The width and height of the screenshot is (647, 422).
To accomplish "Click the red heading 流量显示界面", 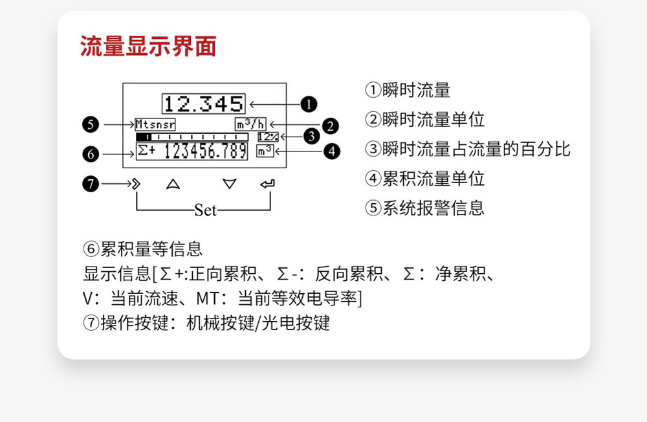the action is tap(148, 46).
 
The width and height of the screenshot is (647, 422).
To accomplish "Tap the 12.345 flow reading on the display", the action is tap(203, 104).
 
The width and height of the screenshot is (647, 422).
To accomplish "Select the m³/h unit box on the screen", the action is tap(250, 124).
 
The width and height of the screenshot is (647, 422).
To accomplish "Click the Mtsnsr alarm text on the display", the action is tap(155, 124).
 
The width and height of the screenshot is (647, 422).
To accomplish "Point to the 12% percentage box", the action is tap(269, 137).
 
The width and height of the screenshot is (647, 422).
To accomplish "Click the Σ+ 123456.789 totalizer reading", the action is tap(192, 151).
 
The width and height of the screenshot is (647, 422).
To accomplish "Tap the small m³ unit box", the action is tap(265, 151).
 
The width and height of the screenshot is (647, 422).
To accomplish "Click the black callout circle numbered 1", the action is tap(309, 104).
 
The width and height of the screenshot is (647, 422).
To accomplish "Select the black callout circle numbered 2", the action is tap(330, 126).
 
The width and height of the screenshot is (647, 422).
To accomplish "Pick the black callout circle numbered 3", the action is tap(312, 136).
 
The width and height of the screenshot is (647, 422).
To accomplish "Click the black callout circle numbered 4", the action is tap(332, 151).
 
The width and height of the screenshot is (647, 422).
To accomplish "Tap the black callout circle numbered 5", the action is tap(91, 124).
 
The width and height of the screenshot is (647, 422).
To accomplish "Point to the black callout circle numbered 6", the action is tap(91, 154).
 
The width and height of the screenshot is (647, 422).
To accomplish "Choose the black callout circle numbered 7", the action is tap(91, 183).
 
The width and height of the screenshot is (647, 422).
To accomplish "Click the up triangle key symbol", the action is tap(173, 184).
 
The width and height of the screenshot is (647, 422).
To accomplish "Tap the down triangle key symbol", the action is tap(230, 184).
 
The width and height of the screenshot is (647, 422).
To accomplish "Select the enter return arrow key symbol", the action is tap(267, 184).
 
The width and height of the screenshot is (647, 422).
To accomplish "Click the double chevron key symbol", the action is tap(136, 184).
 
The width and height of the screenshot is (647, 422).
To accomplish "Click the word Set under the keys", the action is tap(206, 210).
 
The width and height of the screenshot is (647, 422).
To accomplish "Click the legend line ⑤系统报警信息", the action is tap(424, 208).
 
